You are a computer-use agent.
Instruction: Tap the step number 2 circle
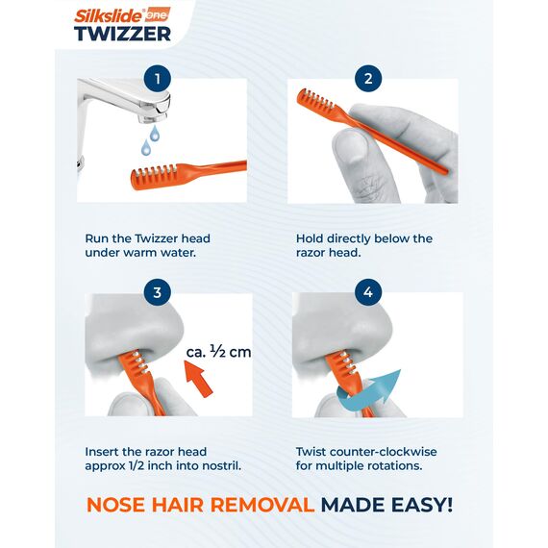tap(366, 79)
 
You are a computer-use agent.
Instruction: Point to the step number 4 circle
tap(366, 292)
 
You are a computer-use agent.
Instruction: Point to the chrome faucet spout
tap(135, 101)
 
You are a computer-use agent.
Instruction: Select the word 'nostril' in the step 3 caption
tap(213, 467)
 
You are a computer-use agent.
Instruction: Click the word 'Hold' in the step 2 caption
tap(312, 238)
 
